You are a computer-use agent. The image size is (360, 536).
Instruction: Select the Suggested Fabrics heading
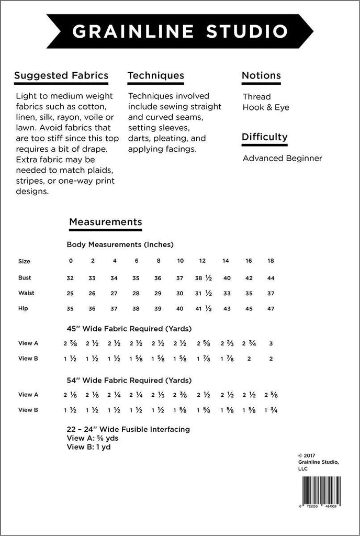pos(61,75)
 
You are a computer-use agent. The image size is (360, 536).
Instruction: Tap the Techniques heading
pos(156,75)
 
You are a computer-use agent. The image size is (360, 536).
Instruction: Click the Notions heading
pos(261,75)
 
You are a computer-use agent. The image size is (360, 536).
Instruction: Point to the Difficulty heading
pos(264,137)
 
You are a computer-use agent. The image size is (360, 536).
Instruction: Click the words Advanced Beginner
pos(282,158)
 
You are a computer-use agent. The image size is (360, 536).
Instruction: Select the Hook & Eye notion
pos(266,107)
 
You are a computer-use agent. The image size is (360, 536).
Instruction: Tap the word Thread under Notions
pos(257,96)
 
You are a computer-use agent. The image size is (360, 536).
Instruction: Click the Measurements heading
pos(105,222)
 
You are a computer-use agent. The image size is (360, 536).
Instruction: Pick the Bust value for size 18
pos(271,278)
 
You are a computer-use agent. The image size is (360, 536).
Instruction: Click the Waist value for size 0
pos(71,293)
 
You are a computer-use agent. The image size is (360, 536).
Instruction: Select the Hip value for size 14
pos(227,308)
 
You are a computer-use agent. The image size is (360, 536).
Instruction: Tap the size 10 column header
pos(180,261)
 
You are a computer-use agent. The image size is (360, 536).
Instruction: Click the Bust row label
pos(24,278)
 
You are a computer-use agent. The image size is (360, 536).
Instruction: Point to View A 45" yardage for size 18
pos(271,344)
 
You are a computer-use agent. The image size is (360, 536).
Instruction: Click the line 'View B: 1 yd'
pos(88,447)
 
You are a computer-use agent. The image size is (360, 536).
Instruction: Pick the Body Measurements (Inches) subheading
pos(120,244)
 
